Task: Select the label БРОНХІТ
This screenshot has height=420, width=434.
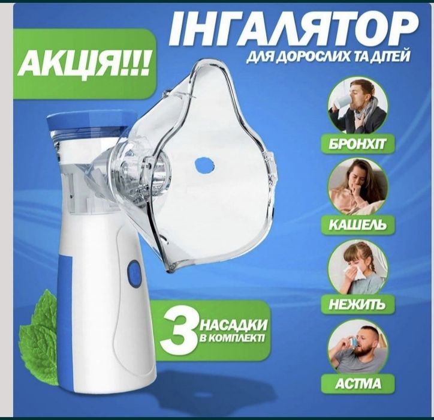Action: tap(358, 145)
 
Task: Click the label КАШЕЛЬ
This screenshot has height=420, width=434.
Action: tap(358, 224)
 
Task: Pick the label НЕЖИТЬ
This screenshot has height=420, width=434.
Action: tap(358, 305)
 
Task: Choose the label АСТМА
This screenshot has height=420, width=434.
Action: tap(358, 384)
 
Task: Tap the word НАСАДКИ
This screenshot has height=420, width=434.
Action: tap(233, 325)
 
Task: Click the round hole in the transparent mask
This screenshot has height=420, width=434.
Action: tap(204, 164)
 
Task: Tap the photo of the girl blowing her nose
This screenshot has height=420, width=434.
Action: tap(358, 267)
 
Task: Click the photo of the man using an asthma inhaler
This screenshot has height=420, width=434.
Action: tap(358, 347)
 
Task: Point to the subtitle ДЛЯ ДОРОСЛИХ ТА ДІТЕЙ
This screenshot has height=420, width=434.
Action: tap(328, 57)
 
